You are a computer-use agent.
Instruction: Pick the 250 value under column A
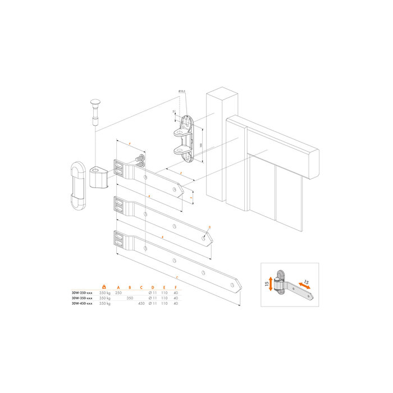[118, 293]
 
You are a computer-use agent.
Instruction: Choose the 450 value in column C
[141, 304]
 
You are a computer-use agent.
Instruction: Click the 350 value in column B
[130, 298]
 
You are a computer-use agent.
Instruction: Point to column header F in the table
[176, 287]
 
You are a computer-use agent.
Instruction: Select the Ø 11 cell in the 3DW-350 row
[152, 298]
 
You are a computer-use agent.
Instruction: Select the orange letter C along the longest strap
[177, 278]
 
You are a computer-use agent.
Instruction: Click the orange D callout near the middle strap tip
[209, 227]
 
